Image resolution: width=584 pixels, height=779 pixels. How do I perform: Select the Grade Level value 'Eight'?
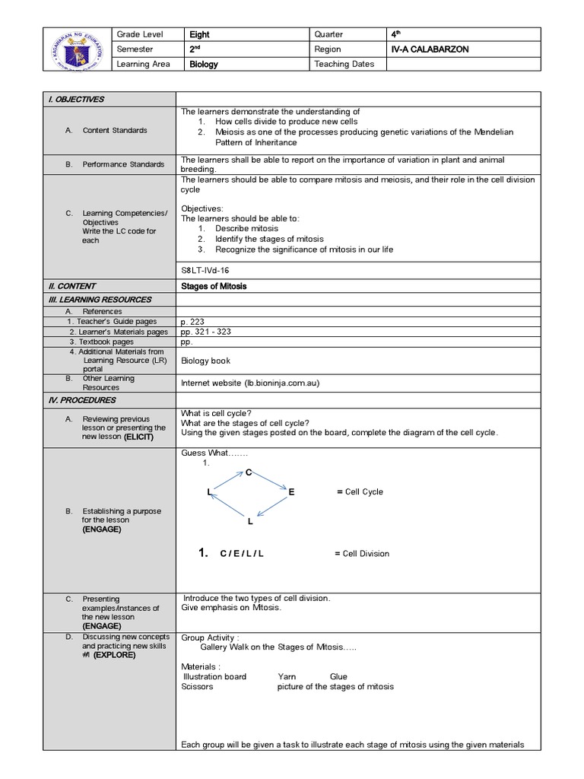[199, 34]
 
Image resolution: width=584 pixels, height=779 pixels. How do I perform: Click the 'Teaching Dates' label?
[344, 65]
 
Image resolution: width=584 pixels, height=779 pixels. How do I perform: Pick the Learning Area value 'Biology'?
[203, 65]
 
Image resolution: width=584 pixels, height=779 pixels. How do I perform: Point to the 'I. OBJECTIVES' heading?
[76, 100]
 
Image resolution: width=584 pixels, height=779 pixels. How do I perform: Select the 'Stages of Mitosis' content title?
[214, 286]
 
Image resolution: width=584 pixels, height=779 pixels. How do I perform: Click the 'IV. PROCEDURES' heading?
[80, 400]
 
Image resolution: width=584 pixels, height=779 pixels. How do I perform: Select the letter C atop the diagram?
[248, 473]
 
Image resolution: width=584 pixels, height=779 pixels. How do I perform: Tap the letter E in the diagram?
[290, 493]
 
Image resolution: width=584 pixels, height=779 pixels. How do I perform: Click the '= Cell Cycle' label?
[360, 492]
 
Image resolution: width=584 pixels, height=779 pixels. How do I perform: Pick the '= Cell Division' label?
[362, 554]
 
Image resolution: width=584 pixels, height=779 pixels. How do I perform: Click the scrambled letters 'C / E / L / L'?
[242, 554]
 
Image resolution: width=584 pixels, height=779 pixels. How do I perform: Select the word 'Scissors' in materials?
[197, 686]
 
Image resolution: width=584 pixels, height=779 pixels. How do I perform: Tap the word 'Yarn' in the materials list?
[287, 676]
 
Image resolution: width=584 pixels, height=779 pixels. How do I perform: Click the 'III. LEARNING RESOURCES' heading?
[107, 300]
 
